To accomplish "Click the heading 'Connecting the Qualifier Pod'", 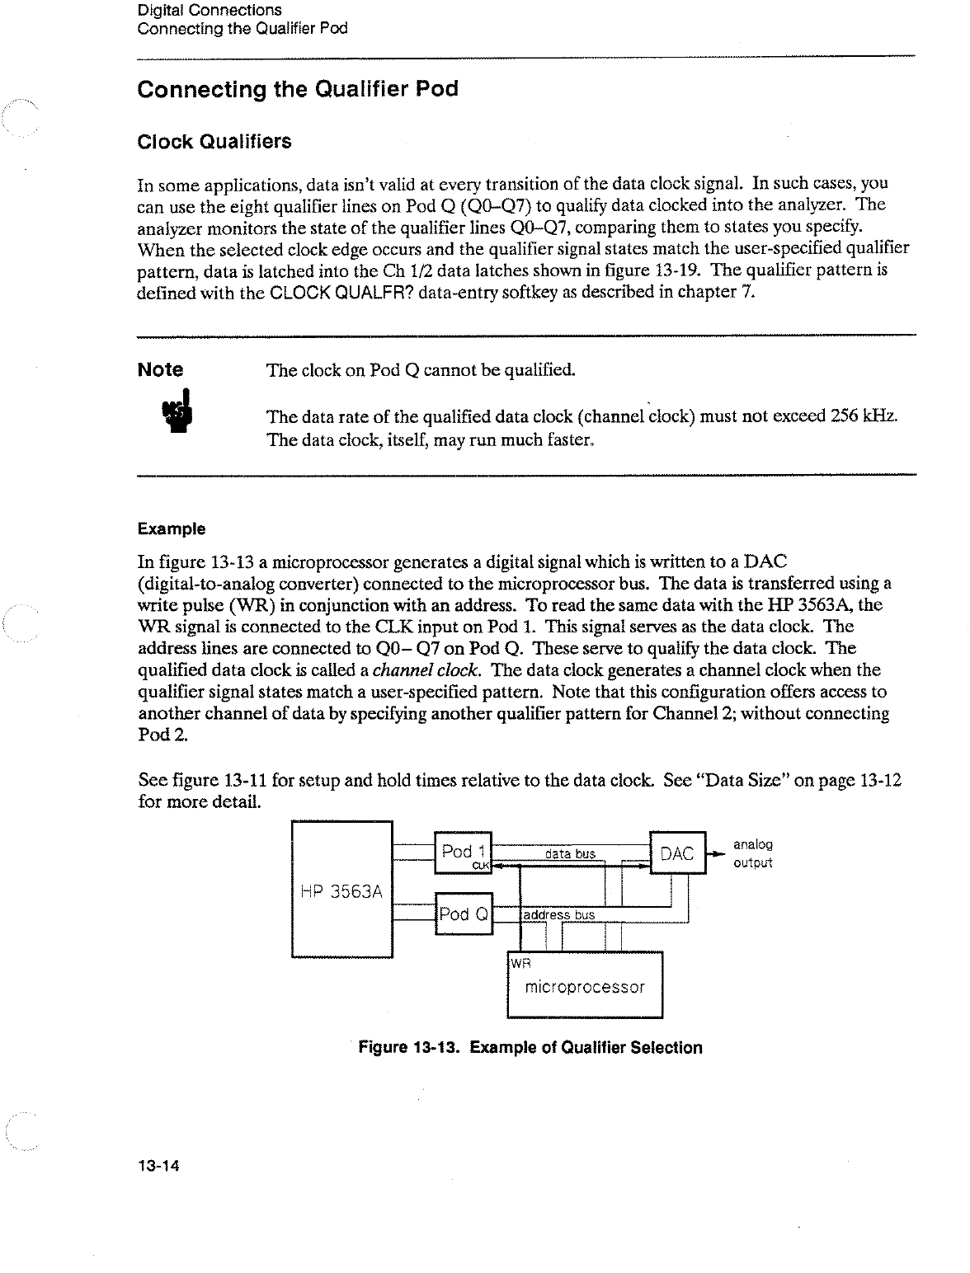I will [297, 89].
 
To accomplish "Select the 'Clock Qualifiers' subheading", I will [214, 142].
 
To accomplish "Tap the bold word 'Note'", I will [161, 369].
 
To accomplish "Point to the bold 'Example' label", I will [172, 528].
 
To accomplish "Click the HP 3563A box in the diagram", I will [341, 890].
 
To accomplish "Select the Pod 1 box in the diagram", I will [462, 853].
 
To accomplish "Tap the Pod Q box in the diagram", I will [463, 914].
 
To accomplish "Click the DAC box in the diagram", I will [678, 853].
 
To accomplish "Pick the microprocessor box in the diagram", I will [585, 986].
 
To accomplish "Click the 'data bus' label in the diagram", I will [570, 854].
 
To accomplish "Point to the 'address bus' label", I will [559, 915].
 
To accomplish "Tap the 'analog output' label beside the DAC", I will [752, 854].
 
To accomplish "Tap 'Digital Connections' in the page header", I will [210, 11].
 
